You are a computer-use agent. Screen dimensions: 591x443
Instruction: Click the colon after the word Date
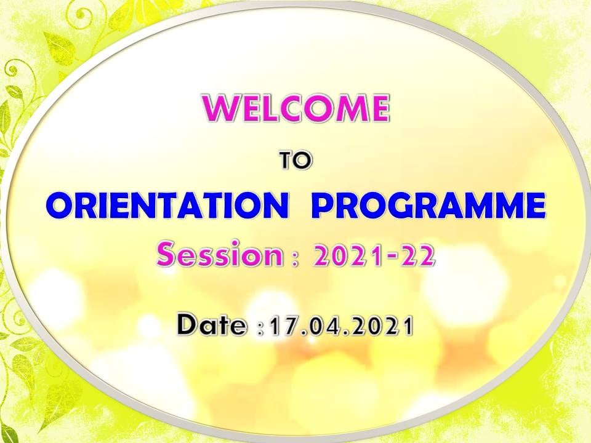point(259,327)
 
